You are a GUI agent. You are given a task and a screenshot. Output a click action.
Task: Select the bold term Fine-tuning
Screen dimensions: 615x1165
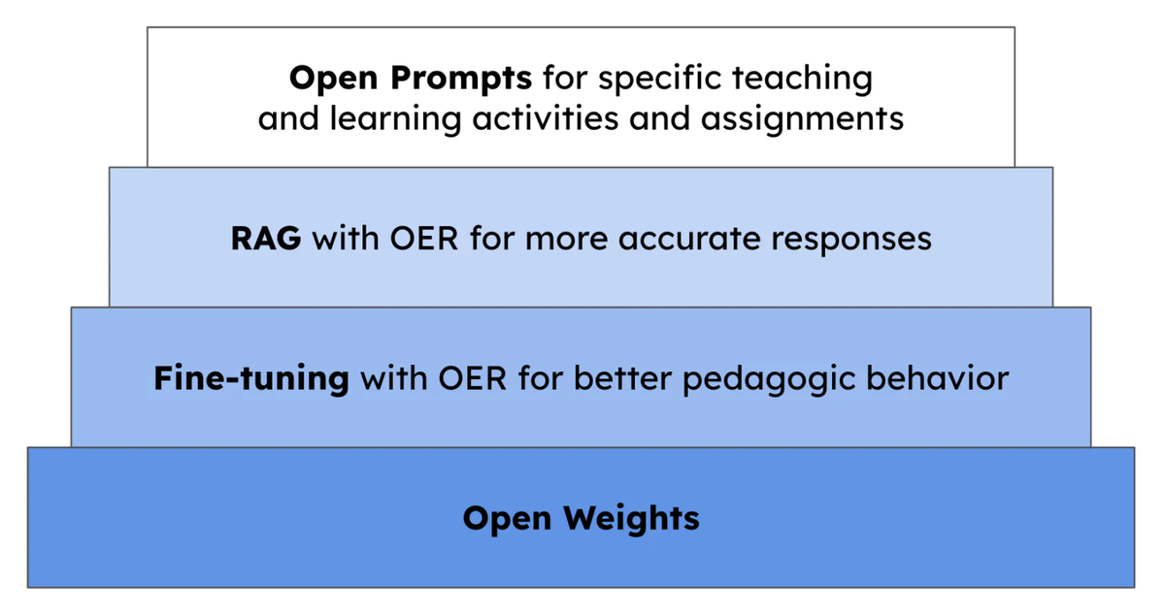click(250, 377)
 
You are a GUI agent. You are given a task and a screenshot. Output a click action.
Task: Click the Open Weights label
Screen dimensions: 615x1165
click(581, 518)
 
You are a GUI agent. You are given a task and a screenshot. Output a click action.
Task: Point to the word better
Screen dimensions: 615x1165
click(621, 377)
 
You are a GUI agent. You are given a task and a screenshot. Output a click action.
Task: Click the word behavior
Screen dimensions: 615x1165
click(938, 377)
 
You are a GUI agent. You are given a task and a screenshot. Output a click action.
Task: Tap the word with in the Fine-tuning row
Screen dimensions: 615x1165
click(393, 377)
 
